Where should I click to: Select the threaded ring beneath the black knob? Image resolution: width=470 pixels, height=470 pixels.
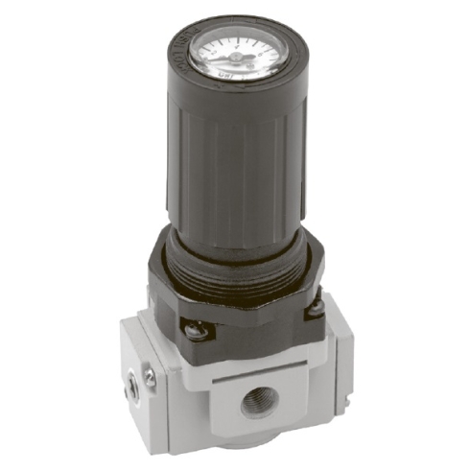click(235, 264)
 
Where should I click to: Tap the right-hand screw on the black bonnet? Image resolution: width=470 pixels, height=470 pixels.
click(315, 310)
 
